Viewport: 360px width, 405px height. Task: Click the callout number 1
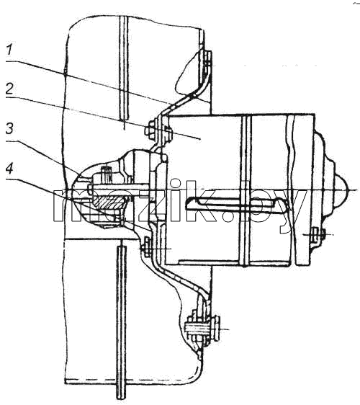tap(9, 50)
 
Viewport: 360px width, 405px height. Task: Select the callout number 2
tap(9, 89)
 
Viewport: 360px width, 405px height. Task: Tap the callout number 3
tap(9, 128)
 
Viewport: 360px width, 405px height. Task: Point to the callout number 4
tap(9, 169)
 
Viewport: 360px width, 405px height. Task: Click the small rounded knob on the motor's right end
tap(341, 190)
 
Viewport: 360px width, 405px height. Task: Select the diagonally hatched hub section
tap(109, 202)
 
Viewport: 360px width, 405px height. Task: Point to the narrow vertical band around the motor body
tap(246, 191)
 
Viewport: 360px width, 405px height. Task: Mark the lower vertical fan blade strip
tap(121, 323)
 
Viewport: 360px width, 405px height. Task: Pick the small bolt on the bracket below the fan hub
tap(145, 247)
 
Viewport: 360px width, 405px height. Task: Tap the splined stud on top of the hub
tap(106, 174)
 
